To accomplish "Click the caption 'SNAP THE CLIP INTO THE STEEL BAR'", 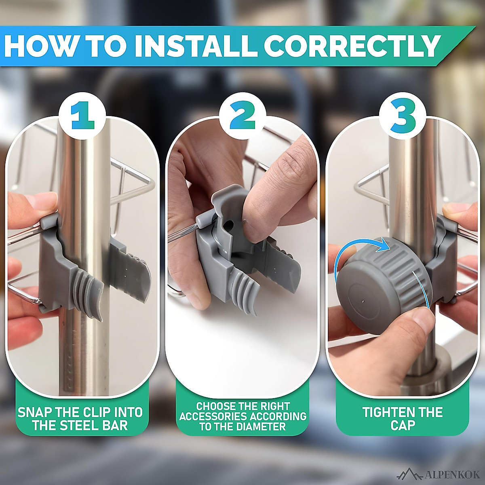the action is [x=80, y=419].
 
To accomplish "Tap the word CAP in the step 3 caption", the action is [x=403, y=426].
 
